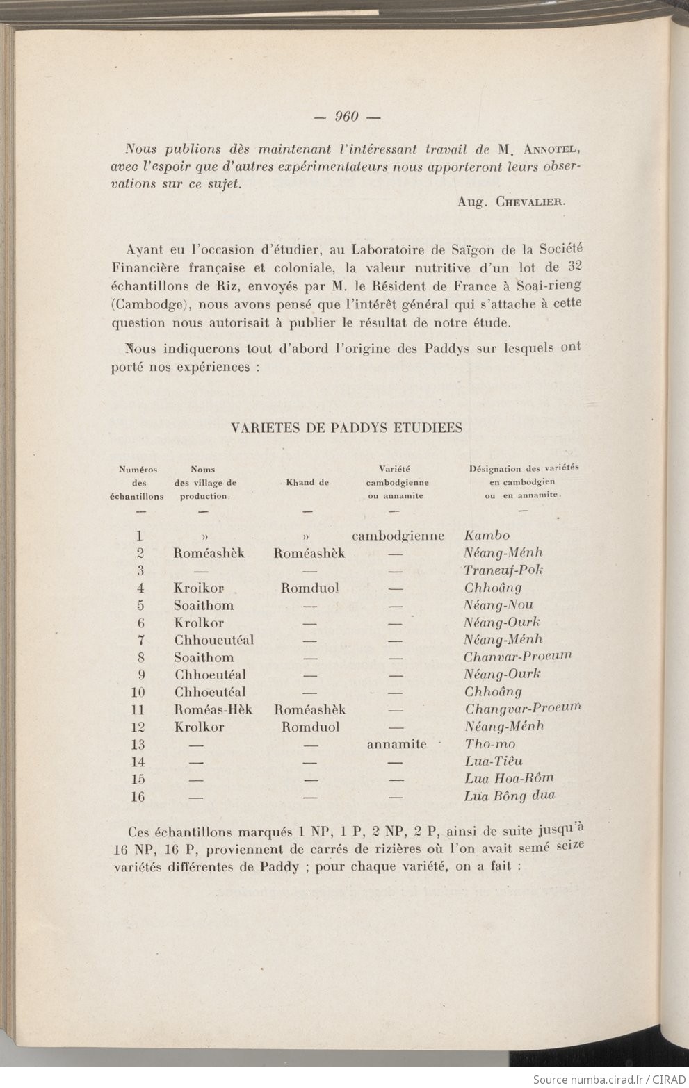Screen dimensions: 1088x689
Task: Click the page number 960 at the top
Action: [345, 117]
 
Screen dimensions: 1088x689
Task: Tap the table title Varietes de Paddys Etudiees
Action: [346, 428]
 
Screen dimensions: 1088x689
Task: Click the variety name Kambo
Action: [487, 536]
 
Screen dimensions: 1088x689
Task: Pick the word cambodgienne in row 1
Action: [398, 536]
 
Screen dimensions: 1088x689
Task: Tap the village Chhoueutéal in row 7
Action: [213, 640]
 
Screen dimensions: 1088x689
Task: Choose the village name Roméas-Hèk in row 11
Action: [213, 709]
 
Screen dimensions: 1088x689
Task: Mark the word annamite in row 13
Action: [396, 744]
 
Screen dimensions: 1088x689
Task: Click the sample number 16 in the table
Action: [138, 797]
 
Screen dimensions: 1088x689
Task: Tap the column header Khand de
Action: [307, 482]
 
